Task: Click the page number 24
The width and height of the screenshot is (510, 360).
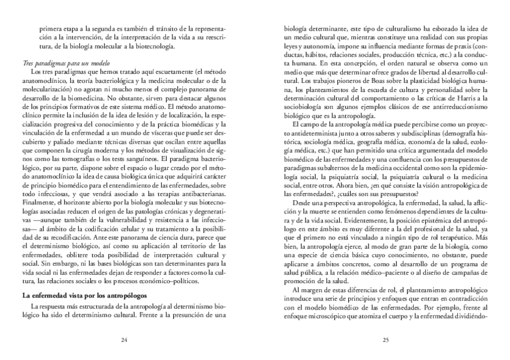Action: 124,340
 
